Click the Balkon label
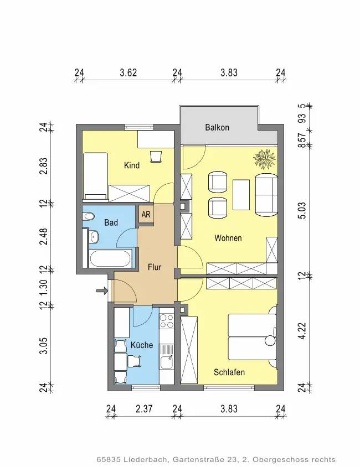coord(217,127)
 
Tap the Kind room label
coord(132,165)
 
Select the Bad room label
coord(111,222)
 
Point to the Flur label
coord(155,267)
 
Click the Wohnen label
coord(228,238)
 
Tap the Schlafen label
coord(229,372)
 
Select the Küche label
coord(142,345)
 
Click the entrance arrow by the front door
coord(102,290)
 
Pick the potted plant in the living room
coord(264,159)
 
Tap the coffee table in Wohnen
coord(241,195)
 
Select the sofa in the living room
coord(266,195)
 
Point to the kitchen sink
coord(166,362)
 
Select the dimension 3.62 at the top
coord(128,72)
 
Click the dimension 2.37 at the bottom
coord(144,409)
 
